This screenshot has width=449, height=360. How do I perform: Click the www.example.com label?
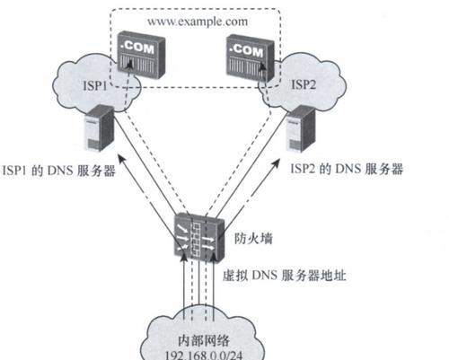point(198,22)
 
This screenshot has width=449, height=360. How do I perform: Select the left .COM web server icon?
point(141,56)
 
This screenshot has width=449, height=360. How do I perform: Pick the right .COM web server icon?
point(250,57)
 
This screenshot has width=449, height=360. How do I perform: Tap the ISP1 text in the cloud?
point(94,86)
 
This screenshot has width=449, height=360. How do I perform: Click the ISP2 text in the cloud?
point(304,84)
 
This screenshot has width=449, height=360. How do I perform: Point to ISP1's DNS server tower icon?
point(100,128)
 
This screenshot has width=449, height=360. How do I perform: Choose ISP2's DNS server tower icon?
point(301,129)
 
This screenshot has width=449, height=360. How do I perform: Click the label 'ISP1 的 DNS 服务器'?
point(59,171)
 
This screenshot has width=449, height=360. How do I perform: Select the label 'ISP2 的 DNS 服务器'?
point(347,169)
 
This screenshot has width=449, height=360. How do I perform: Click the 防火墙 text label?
point(253,239)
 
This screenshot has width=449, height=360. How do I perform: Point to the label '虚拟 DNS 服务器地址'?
point(285,276)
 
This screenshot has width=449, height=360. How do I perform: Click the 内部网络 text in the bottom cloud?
point(204,340)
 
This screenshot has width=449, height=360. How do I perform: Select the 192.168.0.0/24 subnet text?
point(204,355)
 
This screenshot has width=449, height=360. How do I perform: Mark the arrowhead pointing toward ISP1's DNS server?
point(120,159)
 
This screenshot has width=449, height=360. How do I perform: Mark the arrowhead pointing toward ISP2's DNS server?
point(277,163)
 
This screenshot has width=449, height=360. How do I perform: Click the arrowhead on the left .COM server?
point(129,63)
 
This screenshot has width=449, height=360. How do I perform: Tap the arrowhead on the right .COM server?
point(262,66)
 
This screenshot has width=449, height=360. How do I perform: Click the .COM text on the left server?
point(137,48)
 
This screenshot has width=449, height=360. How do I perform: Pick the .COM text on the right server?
point(246,50)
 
